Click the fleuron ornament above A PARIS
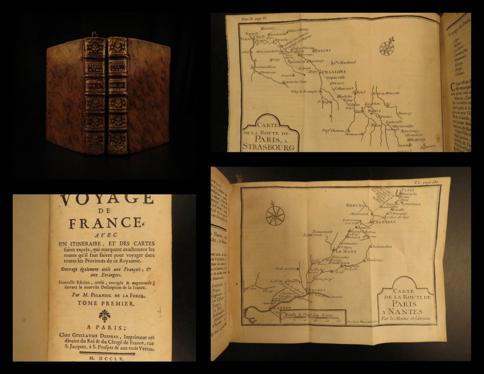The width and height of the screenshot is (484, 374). coord(104,315)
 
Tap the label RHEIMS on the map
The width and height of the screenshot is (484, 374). coord(323,51)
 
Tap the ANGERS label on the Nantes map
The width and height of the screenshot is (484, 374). coord(316,289)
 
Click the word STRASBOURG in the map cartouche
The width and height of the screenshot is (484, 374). coord(268,147)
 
